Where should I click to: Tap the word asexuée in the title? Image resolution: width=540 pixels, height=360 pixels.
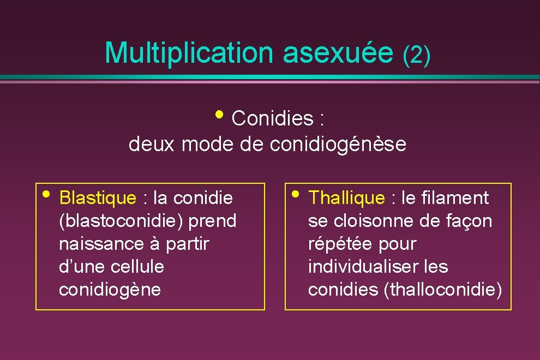(x=338, y=53)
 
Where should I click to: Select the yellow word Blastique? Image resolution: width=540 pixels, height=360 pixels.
(x=97, y=198)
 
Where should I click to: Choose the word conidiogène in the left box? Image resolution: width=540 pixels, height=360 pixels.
(x=110, y=290)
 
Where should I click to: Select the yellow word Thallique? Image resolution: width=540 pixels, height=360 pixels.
(x=346, y=198)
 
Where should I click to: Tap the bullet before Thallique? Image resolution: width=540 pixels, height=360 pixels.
(x=295, y=194)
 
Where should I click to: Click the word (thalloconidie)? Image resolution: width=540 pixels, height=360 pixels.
(x=443, y=290)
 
